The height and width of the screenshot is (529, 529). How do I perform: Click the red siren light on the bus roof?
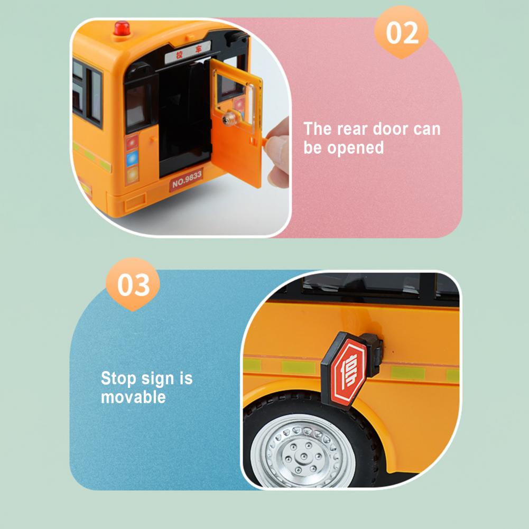[122, 29]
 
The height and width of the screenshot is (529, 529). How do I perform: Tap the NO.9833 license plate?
[186, 180]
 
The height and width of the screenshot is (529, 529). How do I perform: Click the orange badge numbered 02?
[401, 33]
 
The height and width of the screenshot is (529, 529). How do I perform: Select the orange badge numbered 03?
[133, 285]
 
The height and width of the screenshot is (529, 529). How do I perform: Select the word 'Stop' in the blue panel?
[118, 378]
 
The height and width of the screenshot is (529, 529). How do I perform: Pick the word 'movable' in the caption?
[133, 397]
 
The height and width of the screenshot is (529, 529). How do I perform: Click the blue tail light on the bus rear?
[132, 159]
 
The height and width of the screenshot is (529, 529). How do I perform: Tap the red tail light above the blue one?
[132, 142]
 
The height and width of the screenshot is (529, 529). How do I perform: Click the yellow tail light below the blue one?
[132, 174]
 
